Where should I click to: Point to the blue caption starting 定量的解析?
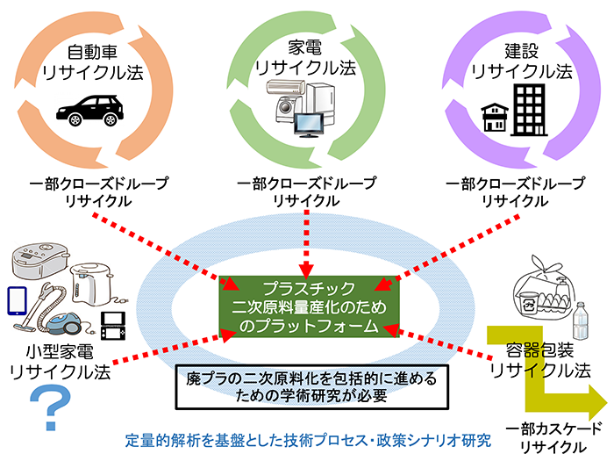[x=308, y=438]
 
